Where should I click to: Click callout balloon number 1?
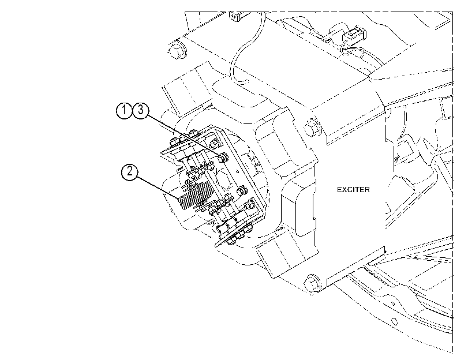click(124, 110)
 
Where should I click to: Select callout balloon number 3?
click(140, 110)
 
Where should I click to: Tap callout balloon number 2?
click(129, 172)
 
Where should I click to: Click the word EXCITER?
click(353, 190)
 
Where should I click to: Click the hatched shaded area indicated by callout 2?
click(195, 196)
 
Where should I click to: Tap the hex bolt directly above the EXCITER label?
click(312, 129)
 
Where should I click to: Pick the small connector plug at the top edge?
click(235, 17)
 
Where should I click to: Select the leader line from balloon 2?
click(158, 187)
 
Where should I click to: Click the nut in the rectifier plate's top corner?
click(213, 143)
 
